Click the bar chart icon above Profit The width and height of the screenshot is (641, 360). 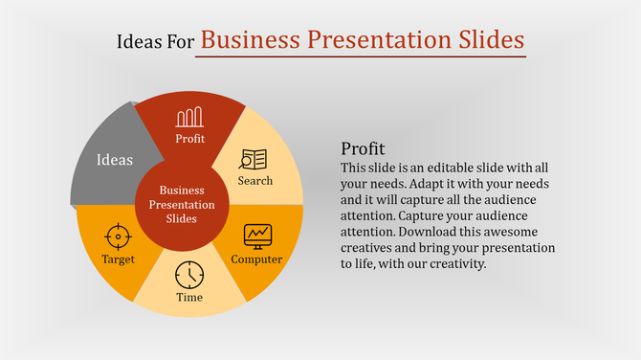188,118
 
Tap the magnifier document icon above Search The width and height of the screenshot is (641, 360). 254,159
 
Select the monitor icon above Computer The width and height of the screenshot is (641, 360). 257,235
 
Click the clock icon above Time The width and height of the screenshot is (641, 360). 189,275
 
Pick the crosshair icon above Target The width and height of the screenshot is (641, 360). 118,236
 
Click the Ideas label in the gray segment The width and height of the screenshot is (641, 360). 115,160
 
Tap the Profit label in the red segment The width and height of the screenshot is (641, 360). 189,139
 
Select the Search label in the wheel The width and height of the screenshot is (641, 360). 255,180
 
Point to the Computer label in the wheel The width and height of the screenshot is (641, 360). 256,259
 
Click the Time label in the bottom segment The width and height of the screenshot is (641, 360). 189,297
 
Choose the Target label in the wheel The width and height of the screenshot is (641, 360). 119,259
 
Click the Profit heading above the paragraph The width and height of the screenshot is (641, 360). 363,149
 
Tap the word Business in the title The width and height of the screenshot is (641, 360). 251,40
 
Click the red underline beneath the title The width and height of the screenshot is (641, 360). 361,56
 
